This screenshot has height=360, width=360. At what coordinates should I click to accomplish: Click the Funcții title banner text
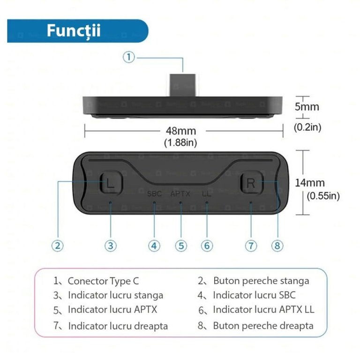pyautogui.click(x=74, y=31)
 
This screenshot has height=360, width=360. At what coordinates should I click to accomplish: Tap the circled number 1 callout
pyautogui.click(x=128, y=57)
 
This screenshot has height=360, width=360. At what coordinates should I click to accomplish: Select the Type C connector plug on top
pyautogui.click(x=183, y=85)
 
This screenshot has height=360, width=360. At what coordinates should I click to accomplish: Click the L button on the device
pyautogui.click(x=112, y=183)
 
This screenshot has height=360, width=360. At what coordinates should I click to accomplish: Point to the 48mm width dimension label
pyautogui.click(x=181, y=131)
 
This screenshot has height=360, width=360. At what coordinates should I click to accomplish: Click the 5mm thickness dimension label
pyautogui.click(x=307, y=107)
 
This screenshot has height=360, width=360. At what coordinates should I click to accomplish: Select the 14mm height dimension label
pyautogui.click(x=310, y=183)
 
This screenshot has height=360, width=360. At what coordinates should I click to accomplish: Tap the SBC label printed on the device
pyautogui.click(x=154, y=194)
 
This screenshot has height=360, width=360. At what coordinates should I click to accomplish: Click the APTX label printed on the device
pyautogui.click(x=180, y=194)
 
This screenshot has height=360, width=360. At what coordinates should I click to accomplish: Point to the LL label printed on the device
pyautogui.click(x=206, y=194)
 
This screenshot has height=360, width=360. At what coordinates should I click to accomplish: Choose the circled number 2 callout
pyautogui.click(x=57, y=246)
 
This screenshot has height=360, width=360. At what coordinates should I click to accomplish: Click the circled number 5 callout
pyautogui.click(x=181, y=246)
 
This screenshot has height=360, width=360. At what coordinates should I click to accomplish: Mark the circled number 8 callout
pyautogui.click(x=277, y=246)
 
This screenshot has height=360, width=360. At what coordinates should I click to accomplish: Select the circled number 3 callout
pyautogui.click(x=111, y=246)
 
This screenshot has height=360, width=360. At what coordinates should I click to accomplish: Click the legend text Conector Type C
pyautogui.click(x=103, y=281)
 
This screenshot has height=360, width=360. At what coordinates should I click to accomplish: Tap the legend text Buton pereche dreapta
pyautogui.click(x=263, y=326)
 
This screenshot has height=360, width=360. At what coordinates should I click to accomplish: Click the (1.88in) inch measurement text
pyautogui.click(x=180, y=142)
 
